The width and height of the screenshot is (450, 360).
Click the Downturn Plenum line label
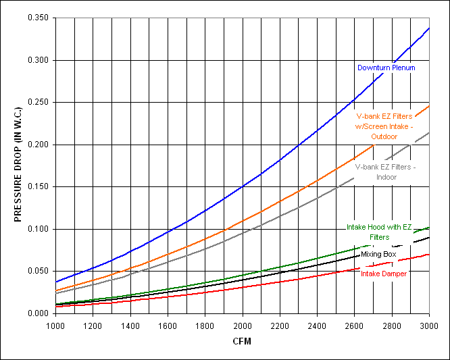pos(386,68)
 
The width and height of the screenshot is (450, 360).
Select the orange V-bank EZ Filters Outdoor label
pos(384,126)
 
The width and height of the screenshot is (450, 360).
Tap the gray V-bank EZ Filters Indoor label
pos(385,172)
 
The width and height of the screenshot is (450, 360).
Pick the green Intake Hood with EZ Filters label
pos(379,232)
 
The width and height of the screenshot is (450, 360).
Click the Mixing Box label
pos(378,254)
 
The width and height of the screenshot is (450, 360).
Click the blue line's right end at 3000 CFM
pos(429,28)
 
